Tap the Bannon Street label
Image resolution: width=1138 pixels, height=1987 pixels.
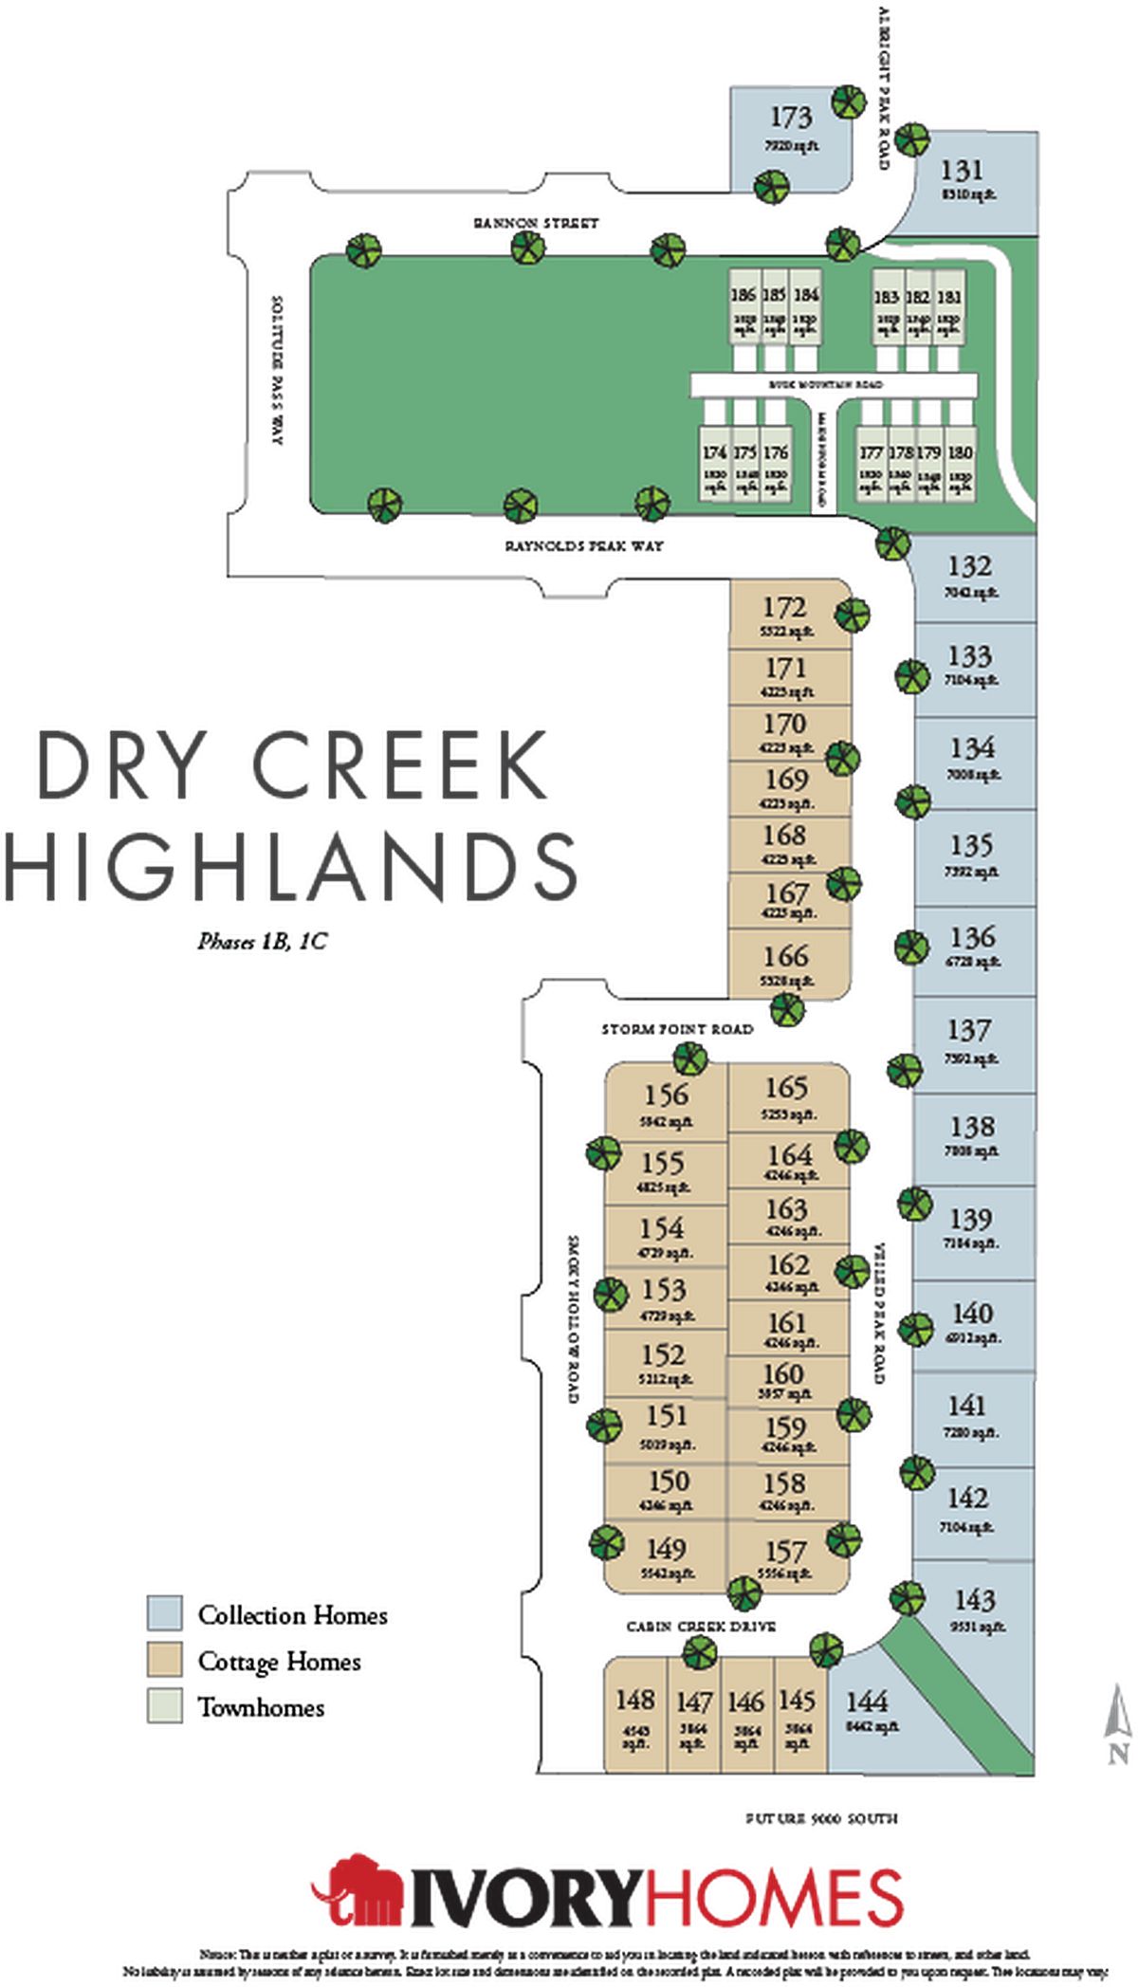[x=536, y=223]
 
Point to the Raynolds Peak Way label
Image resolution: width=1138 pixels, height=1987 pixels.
[x=584, y=546]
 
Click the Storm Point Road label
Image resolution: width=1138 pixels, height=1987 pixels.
[x=677, y=1028]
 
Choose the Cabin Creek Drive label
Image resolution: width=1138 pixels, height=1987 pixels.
[x=701, y=1627]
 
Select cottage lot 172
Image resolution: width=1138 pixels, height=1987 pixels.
[x=785, y=615]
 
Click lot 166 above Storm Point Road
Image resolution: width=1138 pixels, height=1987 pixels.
[x=786, y=964]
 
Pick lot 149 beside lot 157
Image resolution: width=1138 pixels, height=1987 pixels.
[x=666, y=1555]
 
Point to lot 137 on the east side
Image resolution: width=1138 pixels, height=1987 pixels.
[x=969, y=1039]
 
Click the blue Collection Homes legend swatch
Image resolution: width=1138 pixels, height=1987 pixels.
[x=164, y=1612]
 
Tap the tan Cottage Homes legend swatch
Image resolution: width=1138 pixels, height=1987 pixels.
[x=164, y=1659]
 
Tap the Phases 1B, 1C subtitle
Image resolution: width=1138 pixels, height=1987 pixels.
[x=262, y=942]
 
